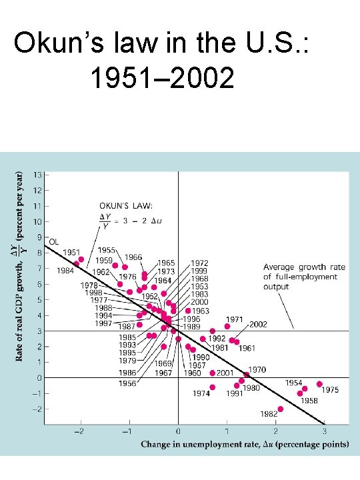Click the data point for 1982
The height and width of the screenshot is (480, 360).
(280, 409)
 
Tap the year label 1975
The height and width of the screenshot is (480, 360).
(331, 390)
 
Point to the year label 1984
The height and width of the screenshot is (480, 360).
(65, 271)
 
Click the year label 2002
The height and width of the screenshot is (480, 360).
(258, 325)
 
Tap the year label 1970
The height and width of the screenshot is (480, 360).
(257, 369)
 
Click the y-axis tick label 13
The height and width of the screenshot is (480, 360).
(38, 175)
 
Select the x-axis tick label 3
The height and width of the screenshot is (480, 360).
(325, 432)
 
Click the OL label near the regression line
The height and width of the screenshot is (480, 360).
(54, 241)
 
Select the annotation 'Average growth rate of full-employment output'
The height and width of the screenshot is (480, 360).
(304, 277)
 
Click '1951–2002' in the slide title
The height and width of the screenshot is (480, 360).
(161, 79)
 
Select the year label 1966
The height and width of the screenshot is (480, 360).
(133, 257)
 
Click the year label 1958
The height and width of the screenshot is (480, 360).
(308, 401)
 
